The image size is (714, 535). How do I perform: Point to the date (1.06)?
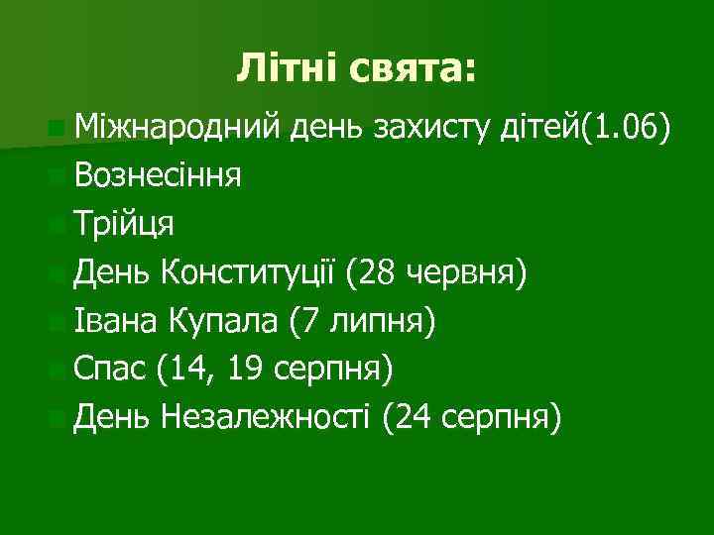pos(634,128)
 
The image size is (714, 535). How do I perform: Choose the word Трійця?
pos(125,223)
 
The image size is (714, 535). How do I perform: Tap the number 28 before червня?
pos(381,270)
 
